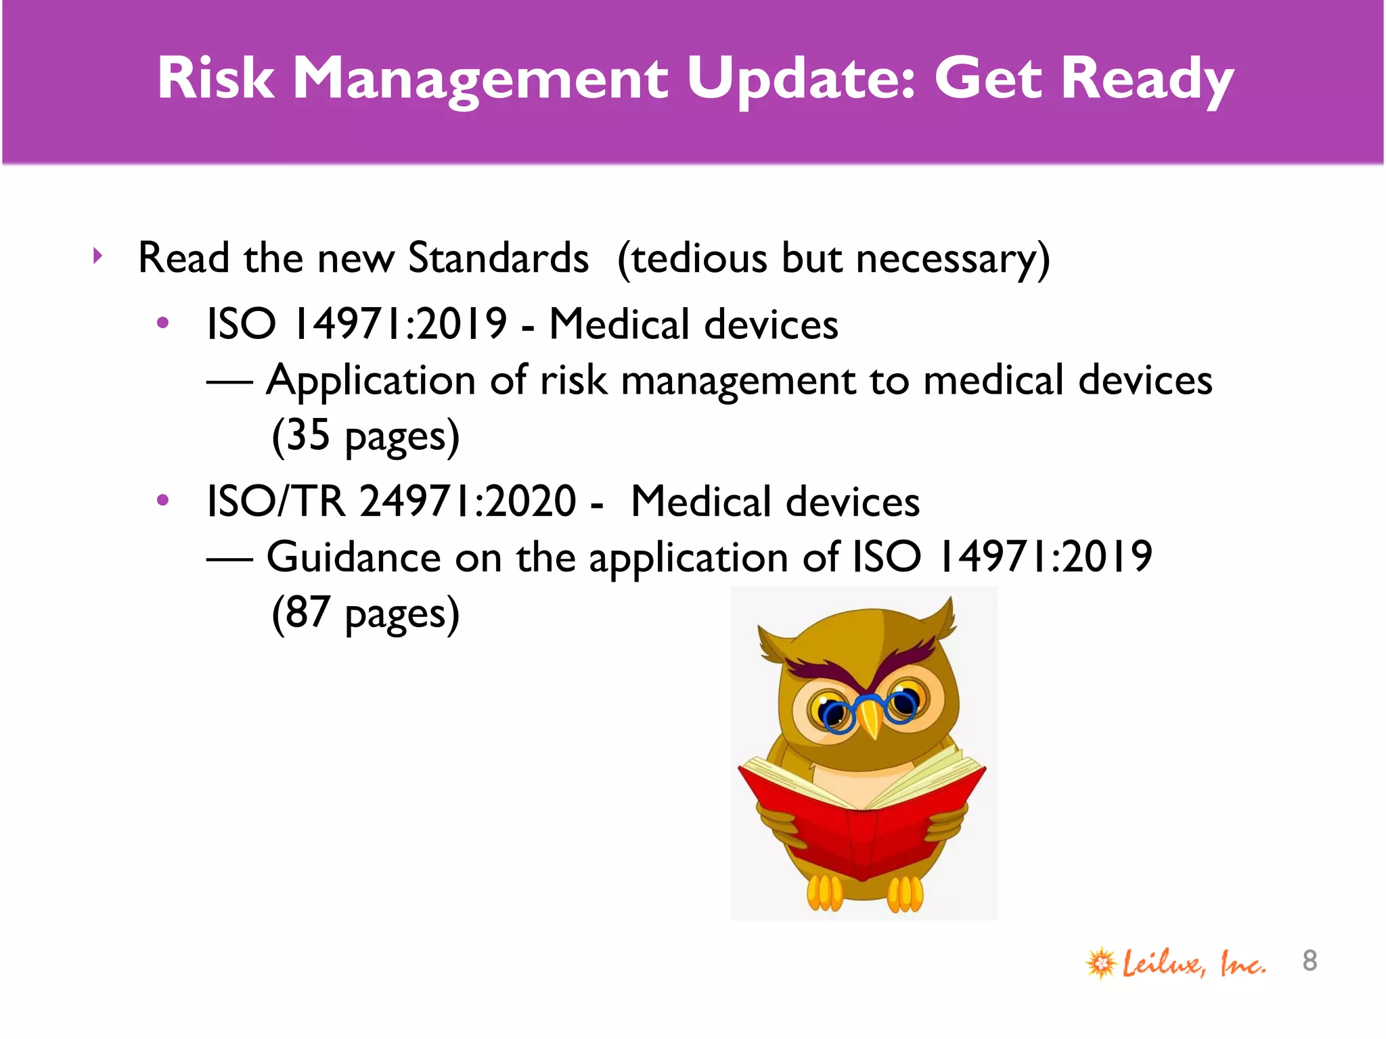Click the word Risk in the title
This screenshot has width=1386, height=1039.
point(216,78)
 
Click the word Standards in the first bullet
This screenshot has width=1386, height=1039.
point(498,258)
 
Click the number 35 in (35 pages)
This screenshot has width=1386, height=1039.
point(308,435)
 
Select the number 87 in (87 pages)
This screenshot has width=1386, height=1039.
point(308,613)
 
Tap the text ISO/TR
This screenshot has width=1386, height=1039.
point(275,501)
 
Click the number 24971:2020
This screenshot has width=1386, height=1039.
point(468,501)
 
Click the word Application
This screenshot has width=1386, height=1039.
point(371,381)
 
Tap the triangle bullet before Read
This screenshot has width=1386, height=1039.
point(99,256)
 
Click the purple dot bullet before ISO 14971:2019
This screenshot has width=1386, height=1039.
point(162,323)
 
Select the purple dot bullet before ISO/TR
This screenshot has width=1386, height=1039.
point(162,501)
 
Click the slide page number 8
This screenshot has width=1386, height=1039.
point(1310,961)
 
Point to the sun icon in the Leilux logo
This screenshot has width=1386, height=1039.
point(1101,963)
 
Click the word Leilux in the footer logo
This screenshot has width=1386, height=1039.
point(1163,963)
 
